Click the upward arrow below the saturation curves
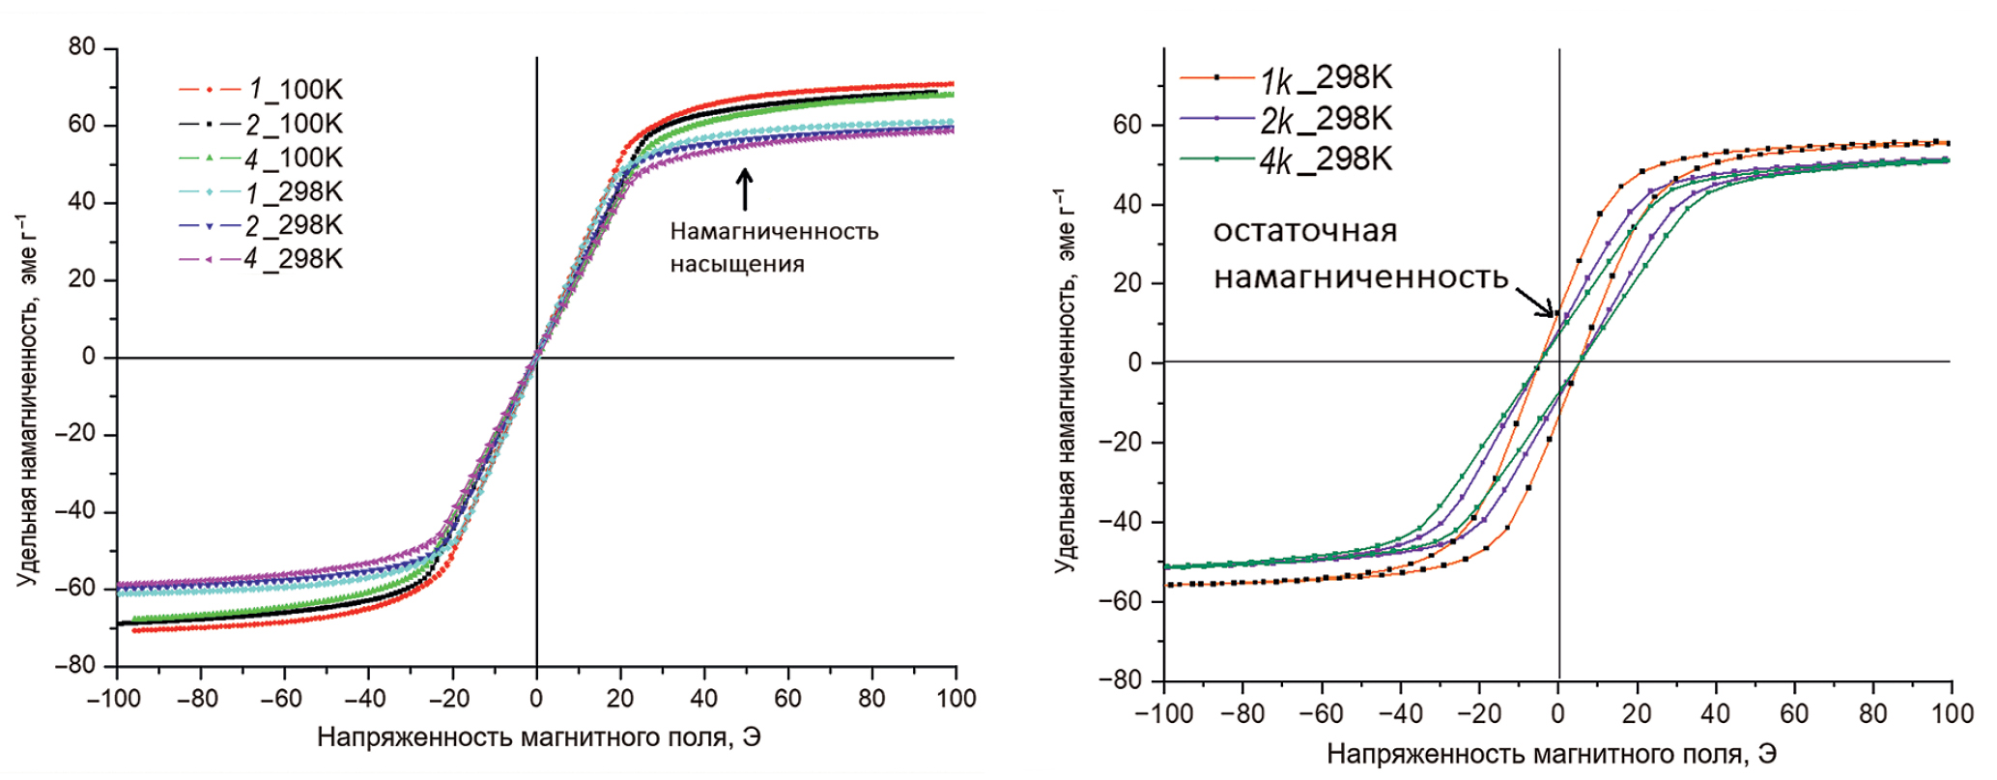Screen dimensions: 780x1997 pos(744,189)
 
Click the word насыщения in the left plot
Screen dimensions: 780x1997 pos(736,265)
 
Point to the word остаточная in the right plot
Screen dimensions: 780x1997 pos(1304,232)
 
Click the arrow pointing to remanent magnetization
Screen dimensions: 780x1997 pos(1534,301)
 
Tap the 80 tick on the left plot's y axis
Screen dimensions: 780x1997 pos(82,47)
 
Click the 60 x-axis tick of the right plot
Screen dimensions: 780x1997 pos(1794,714)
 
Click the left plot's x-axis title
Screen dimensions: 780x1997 pos(538,737)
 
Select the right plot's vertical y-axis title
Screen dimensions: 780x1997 pos(1066,382)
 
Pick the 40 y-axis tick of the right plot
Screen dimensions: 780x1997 pos(1128,205)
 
